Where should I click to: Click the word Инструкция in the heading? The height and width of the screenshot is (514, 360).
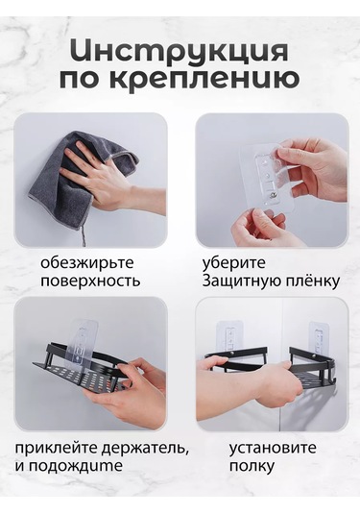[180, 51]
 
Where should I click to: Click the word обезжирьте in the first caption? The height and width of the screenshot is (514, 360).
[87, 263]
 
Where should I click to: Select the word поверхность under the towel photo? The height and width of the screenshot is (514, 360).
[90, 281]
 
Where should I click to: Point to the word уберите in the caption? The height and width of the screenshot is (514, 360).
[234, 263]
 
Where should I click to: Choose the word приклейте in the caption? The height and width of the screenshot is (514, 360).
[56, 448]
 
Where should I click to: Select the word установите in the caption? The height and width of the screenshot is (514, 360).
[273, 448]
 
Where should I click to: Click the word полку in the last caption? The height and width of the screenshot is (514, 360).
[252, 467]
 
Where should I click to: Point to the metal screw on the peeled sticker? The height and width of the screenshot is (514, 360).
[271, 196]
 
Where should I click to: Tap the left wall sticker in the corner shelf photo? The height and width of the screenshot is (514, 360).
[230, 336]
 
